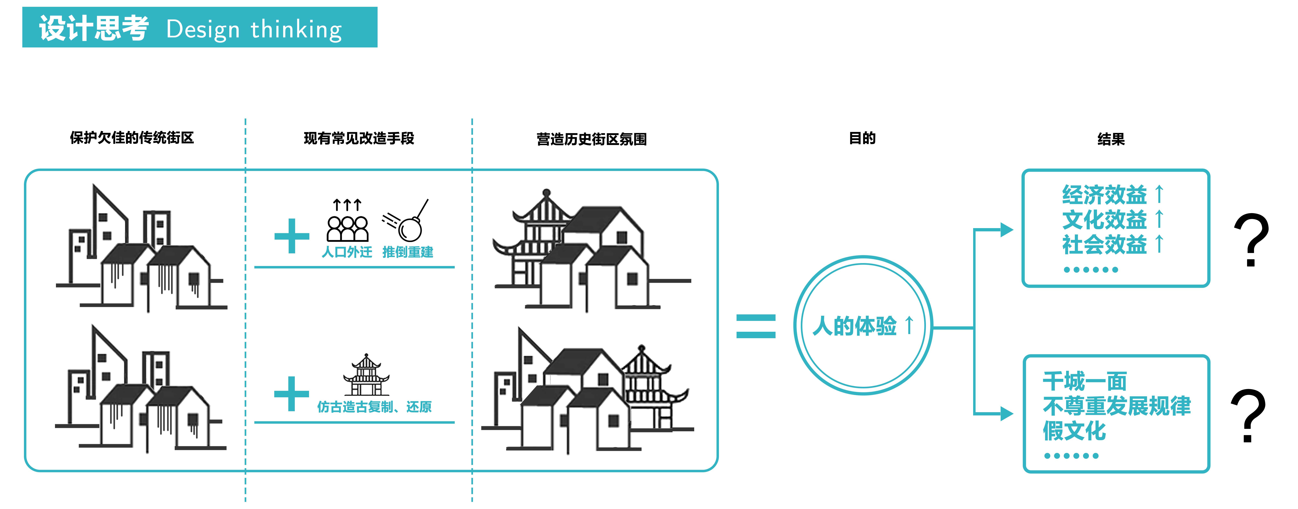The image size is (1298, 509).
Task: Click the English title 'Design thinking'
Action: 254,29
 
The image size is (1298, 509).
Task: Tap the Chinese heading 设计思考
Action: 94,28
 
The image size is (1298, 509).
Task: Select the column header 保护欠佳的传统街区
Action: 132,138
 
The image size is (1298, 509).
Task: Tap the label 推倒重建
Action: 408,252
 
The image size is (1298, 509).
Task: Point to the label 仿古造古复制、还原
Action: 374,407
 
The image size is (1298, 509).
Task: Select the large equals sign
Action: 756,326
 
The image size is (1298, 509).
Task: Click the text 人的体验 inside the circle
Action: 855,326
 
